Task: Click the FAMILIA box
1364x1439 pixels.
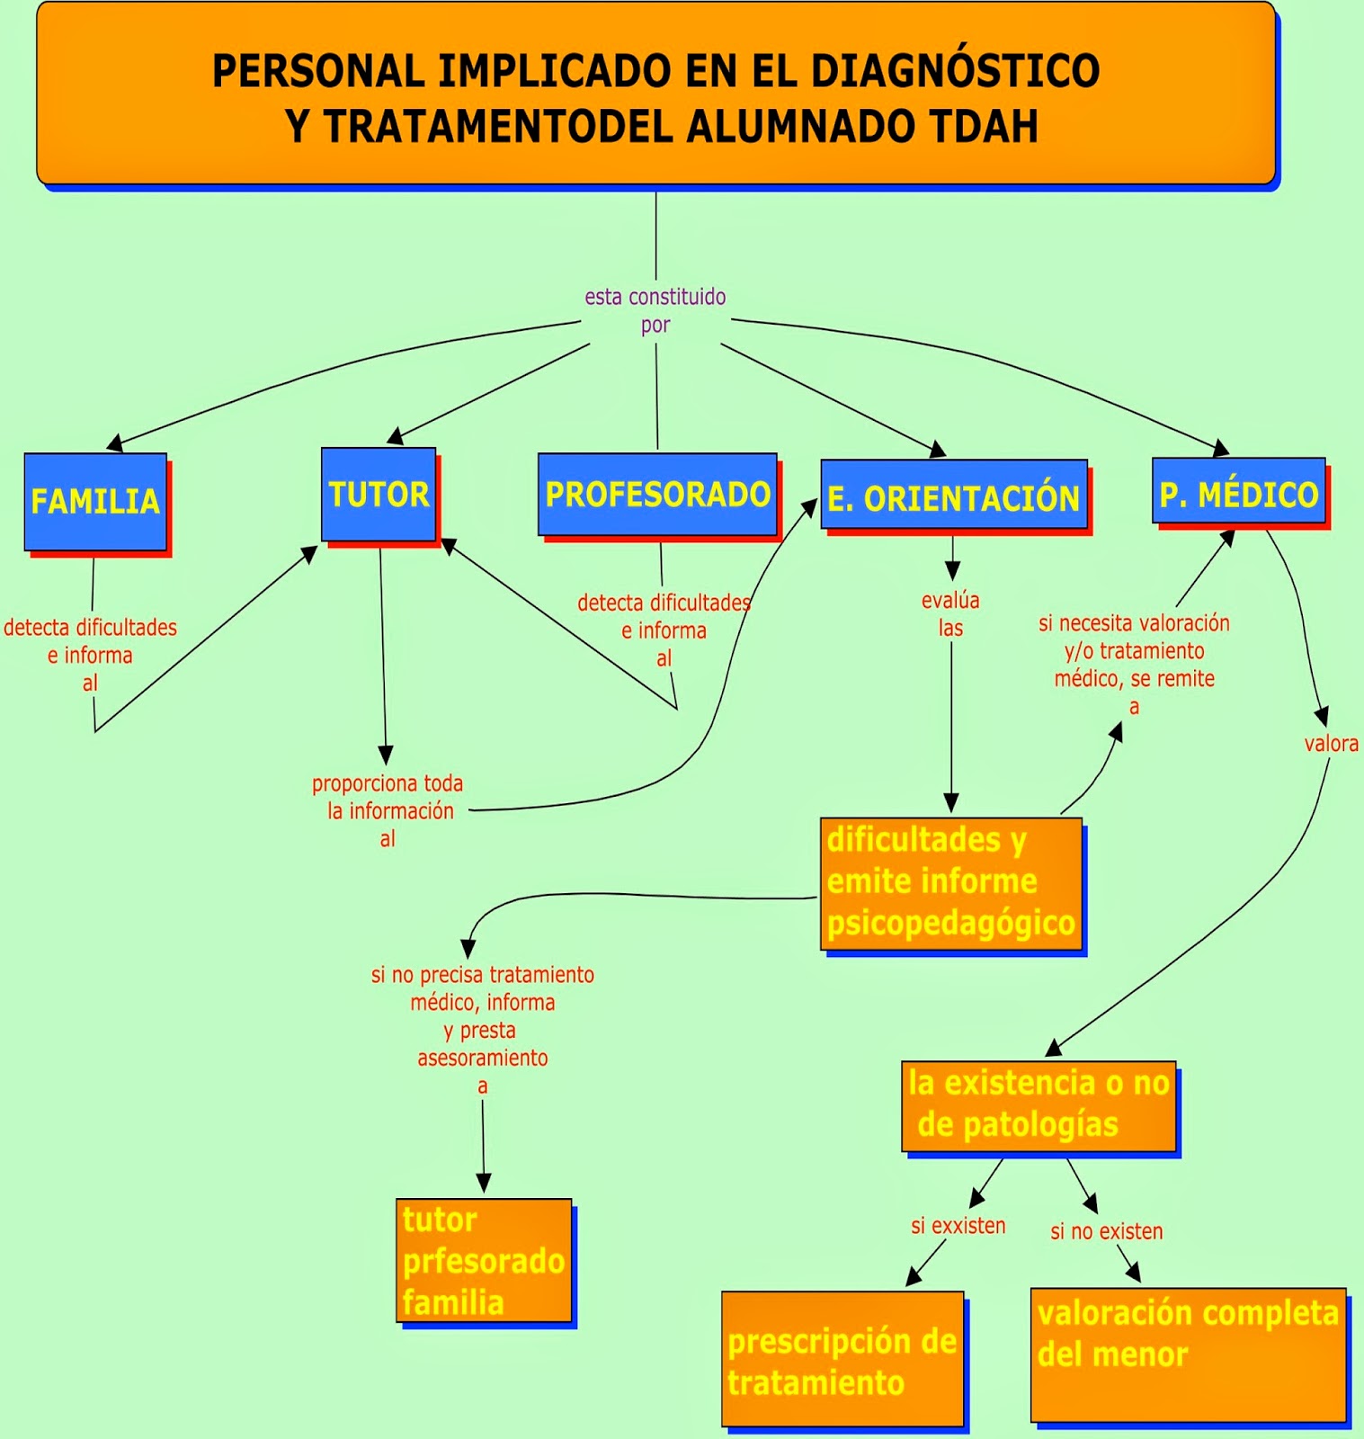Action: [x=95, y=502]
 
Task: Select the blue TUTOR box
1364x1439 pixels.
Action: [x=379, y=495]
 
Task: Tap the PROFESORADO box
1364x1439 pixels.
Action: [x=657, y=495]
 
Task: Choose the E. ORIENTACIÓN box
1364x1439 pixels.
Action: [x=953, y=497]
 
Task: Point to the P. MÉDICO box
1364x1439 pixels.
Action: [x=1238, y=492]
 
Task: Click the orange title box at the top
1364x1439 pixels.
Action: [x=655, y=94]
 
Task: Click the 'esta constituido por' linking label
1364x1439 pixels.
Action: [x=655, y=310]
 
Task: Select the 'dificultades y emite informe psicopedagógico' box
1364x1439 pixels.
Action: [x=950, y=882]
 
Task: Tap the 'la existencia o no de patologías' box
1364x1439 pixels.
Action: [x=1039, y=1105]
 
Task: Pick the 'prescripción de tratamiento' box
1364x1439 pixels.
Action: [x=842, y=1359]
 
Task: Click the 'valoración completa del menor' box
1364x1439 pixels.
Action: [x=1188, y=1354]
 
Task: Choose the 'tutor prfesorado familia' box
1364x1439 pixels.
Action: [x=484, y=1260]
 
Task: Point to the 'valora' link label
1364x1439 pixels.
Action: [x=1331, y=744]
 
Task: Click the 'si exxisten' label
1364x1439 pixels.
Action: [x=958, y=1226]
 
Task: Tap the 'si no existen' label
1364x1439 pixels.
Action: [x=1106, y=1231]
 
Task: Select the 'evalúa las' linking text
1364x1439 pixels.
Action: [x=950, y=614]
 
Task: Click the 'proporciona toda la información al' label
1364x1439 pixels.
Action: [x=388, y=810]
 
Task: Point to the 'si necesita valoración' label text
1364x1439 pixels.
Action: [x=1134, y=623]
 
